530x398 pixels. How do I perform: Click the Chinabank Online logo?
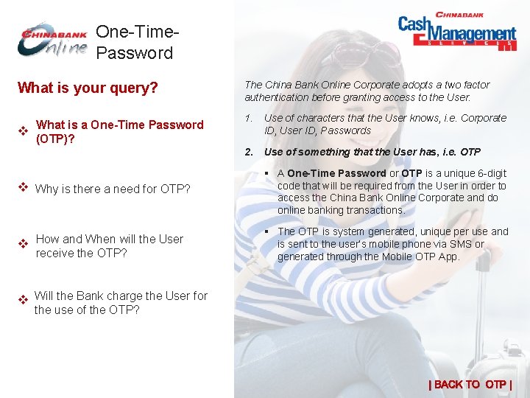coord(52,41)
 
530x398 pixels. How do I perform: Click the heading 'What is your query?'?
coord(88,88)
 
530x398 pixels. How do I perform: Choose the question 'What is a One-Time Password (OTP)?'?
coord(119,132)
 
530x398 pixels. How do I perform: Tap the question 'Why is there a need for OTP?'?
coord(113,189)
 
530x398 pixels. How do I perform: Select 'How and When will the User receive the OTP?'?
coord(109,246)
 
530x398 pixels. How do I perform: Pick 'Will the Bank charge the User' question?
coord(121,303)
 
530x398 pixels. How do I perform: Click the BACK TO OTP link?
coord(470,384)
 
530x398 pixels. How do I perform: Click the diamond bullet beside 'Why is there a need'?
coord(22,187)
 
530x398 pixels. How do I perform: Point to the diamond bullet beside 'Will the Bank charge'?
coord(22,300)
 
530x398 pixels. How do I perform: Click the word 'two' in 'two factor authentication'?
coord(428,85)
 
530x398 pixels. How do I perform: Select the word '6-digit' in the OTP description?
coord(490,173)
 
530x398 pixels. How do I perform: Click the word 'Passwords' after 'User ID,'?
coord(345,130)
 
